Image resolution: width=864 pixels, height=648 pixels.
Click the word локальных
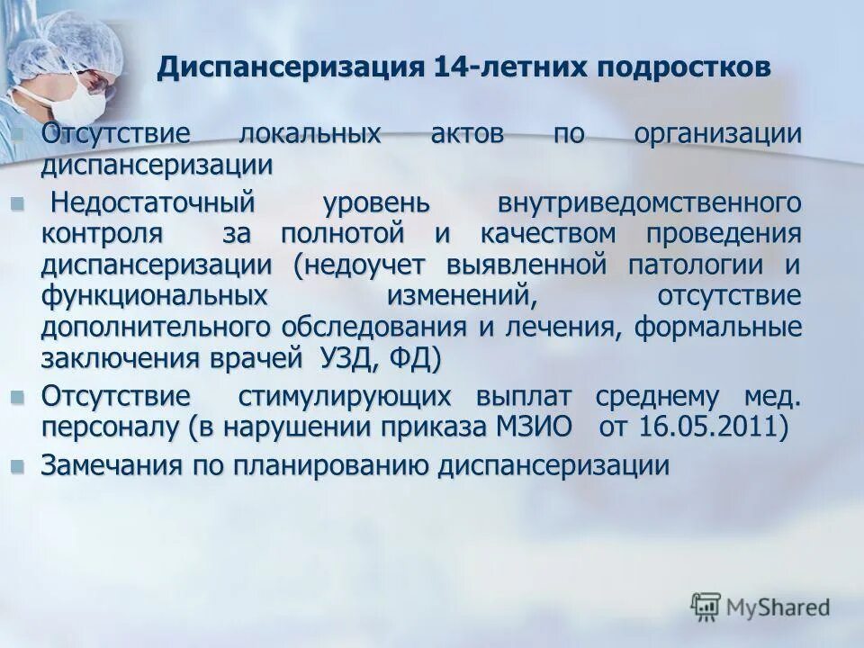(x=309, y=135)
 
